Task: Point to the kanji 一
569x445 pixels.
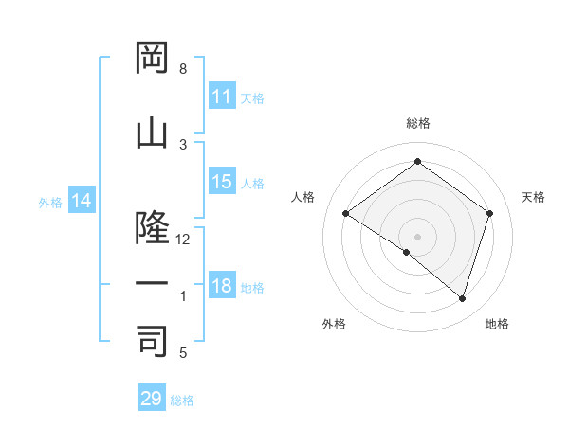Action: tap(152, 284)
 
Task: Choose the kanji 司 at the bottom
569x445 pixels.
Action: tap(152, 340)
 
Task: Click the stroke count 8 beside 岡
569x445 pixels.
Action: tap(183, 69)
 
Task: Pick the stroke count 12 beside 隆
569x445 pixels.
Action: tap(184, 240)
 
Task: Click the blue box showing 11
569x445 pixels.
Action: tap(222, 97)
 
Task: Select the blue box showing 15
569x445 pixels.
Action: tap(222, 182)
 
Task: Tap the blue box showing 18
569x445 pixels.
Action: tap(222, 286)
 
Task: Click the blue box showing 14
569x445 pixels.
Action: tap(81, 201)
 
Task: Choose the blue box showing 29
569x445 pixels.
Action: tap(152, 399)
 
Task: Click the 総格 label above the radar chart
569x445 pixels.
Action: tap(417, 123)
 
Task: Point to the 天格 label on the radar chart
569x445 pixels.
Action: tap(534, 197)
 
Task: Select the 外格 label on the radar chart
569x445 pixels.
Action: tap(334, 324)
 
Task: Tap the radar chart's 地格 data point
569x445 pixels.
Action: tap(463, 299)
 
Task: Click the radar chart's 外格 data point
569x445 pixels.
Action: tap(407, 252)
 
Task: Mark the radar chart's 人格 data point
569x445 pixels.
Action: tap(346, 214)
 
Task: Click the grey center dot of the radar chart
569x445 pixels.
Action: tap(417, 236)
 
